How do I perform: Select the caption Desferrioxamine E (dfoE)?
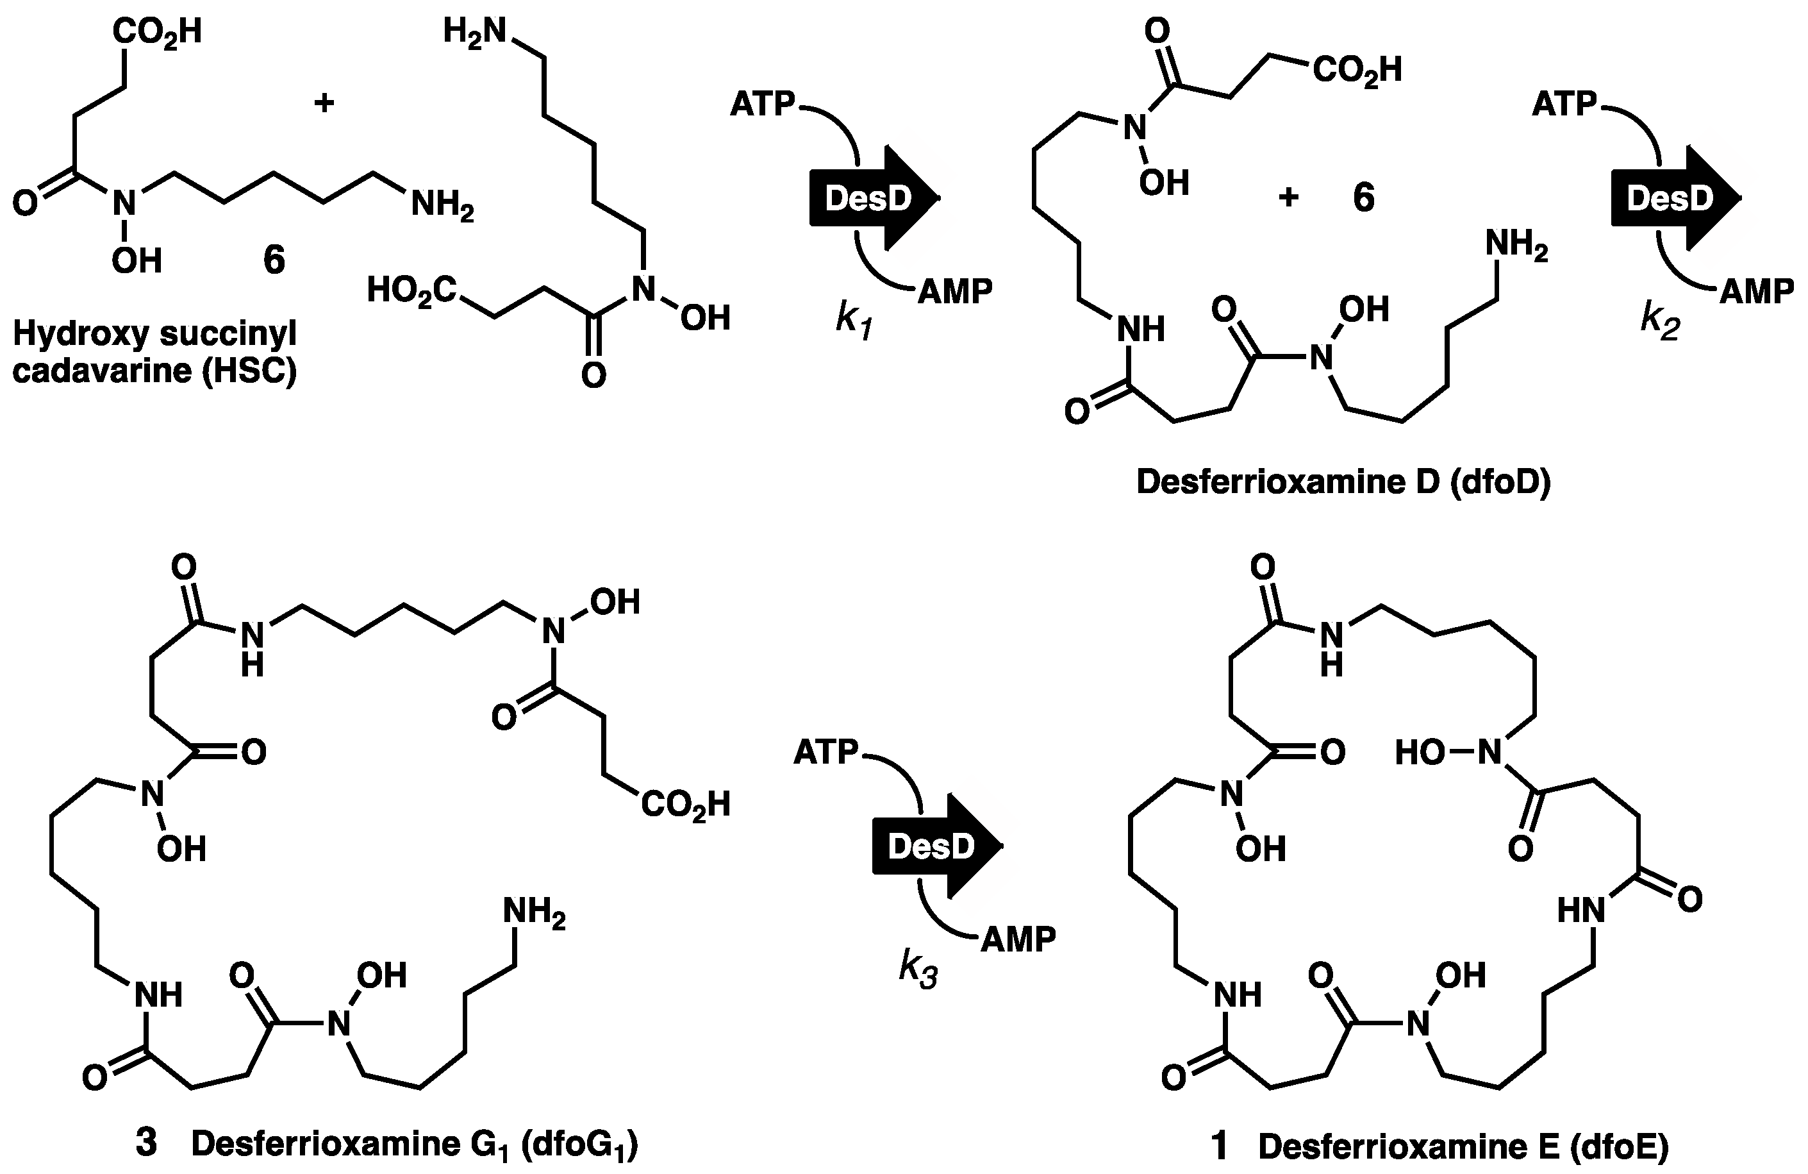[x=1463, y=1146]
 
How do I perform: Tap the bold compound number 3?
[x=146, y=1144]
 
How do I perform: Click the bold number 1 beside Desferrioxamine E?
[x=1218, y=1146]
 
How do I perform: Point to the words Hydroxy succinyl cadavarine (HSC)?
[x=155, y=353]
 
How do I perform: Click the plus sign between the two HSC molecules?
[x=324, y=103]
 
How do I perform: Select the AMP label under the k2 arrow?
[x=1755, y=291]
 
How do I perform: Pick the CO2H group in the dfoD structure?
[x=1357, y=71]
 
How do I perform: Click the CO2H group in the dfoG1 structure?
[x=685, y=804]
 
